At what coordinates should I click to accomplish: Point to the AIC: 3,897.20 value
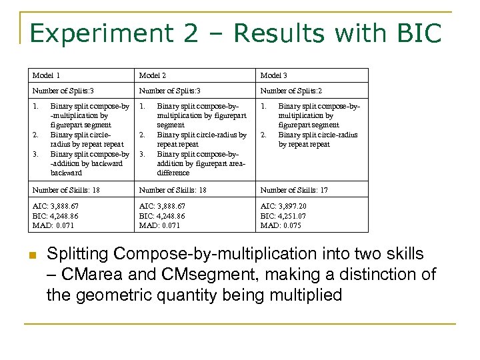[283, 207]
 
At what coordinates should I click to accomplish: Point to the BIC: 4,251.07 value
[283, 216]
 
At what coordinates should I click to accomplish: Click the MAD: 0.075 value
[281, 225]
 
